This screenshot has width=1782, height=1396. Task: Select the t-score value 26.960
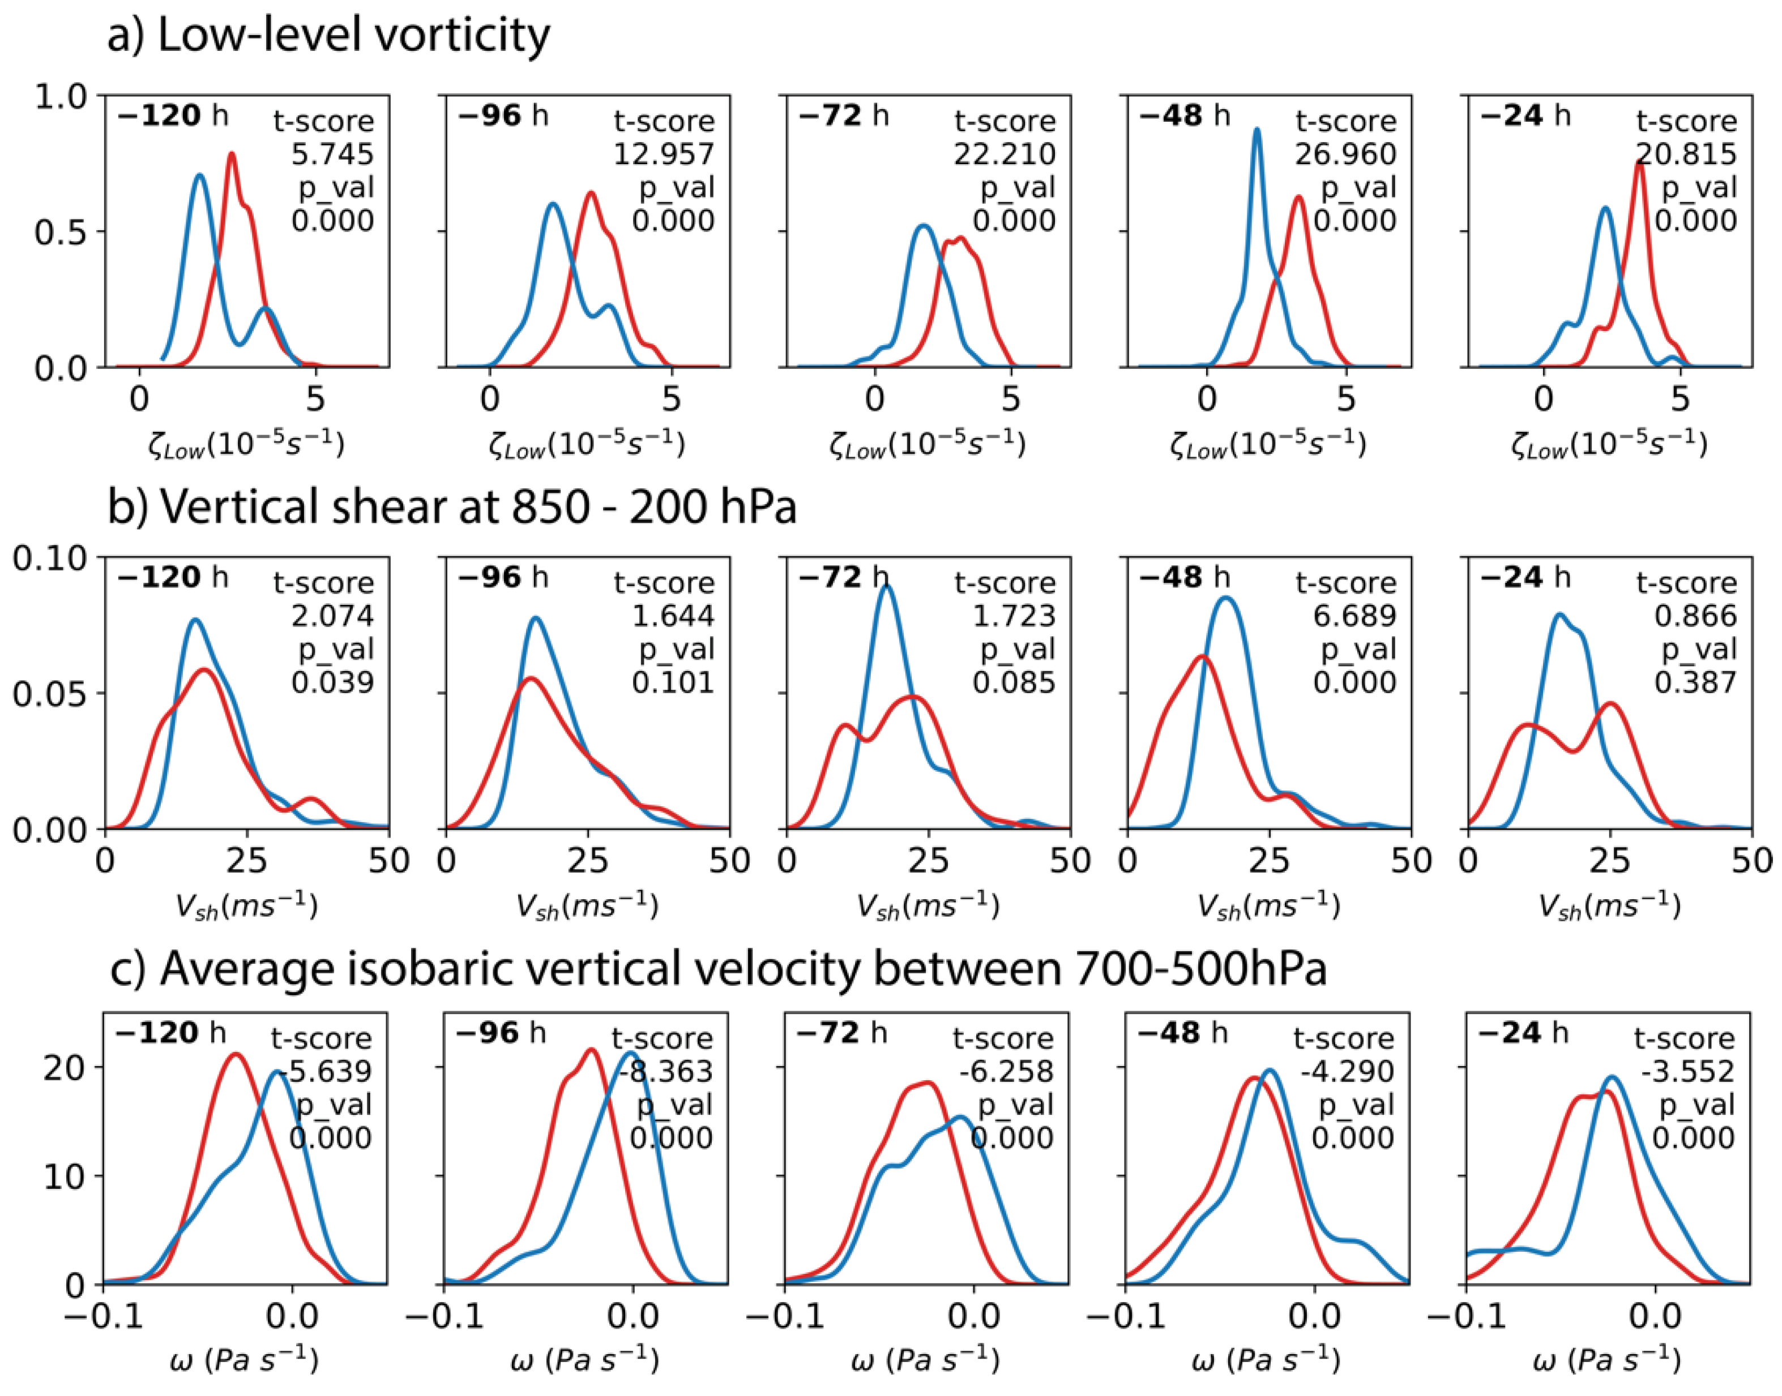[1345, 154]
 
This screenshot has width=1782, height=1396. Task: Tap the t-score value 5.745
[332, 154]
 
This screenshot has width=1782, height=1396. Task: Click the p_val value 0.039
[332, 682]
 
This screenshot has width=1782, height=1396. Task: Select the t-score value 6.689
[1354, 616]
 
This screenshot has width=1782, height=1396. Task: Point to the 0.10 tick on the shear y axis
[49, 559]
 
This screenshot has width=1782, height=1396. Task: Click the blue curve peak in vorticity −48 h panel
[1257, 130]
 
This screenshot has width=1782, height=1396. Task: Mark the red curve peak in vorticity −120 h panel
[232, 154]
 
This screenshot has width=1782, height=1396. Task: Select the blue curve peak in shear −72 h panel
[887, 586]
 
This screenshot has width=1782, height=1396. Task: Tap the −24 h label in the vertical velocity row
[1524, 1033]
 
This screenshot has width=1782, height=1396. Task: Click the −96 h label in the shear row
[503, 578]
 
